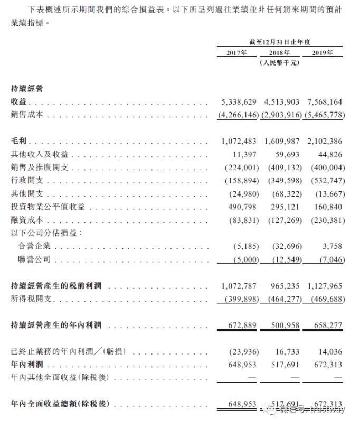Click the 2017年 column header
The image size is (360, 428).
point(237,53)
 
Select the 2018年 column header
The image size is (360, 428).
point(280,53)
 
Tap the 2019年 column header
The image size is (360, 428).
point(323,53)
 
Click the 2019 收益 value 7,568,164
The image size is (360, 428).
point(324,101)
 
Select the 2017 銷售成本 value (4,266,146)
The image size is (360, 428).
point(238,115)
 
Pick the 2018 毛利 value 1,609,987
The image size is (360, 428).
point(281,142)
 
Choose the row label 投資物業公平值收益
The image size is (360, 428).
point(48,207)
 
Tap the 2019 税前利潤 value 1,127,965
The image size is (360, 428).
point(324,286)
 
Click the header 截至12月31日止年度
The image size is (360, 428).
point(280,41)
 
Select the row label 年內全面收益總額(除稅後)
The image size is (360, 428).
point(60,404)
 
